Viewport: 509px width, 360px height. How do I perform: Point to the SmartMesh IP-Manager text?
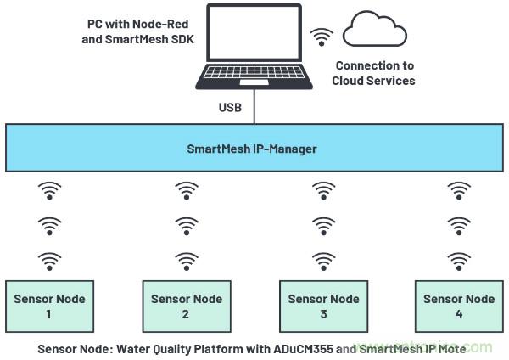tap(252, 149)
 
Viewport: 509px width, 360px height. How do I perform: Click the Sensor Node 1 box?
tap(49, 307)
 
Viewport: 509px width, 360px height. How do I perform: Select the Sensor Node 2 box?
tap(186, 307)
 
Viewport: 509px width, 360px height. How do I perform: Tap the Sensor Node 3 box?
tap(323, 307)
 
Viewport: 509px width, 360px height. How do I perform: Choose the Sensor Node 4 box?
tap(459, 307)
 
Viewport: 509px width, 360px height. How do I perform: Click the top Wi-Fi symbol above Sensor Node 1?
tap(50, 190)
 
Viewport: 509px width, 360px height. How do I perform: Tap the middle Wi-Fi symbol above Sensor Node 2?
tap(187, 225)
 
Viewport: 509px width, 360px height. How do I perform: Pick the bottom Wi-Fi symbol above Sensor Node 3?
tap(323, 258)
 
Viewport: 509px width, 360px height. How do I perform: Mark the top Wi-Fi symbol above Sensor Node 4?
tap(459, 190)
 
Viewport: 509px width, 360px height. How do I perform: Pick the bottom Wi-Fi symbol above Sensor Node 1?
tap(50, 258)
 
